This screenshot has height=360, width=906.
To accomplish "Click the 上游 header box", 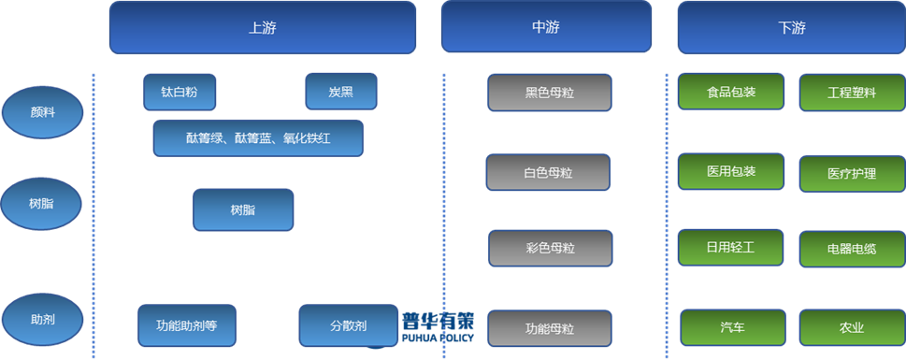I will tap(263, 27).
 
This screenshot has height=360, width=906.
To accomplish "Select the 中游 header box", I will tap(546, 27).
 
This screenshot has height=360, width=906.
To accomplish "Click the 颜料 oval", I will tap(43, 113).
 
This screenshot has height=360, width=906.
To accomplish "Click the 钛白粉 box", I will tap(180, 93).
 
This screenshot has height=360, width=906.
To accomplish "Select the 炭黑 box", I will tap(341, 93).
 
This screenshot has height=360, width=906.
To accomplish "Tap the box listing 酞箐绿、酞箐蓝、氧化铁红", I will tap(258, 138).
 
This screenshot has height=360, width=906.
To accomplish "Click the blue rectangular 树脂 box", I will tap(243, 209).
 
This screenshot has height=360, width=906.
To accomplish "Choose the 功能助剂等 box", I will tap(187, 325).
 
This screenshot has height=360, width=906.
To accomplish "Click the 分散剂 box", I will tap(347, 325).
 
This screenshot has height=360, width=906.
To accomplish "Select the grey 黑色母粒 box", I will tap(550, 93).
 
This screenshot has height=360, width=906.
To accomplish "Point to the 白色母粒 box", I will tap(548, 173).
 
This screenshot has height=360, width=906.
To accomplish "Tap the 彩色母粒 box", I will tap(550, 249).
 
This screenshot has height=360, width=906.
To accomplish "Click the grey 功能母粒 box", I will tap(550, 328).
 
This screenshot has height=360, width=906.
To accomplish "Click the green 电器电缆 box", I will tap(852, 249).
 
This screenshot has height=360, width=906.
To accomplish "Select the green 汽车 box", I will tap(732, 327).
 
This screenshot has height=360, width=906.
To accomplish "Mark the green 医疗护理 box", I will tap(852, 173).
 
